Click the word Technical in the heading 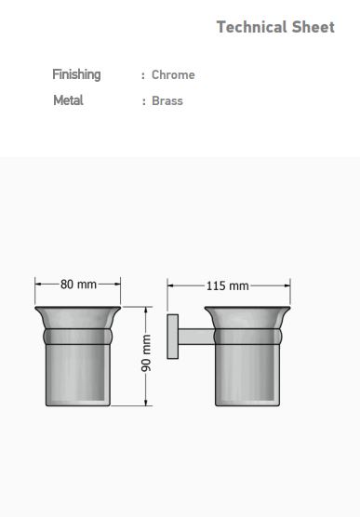[x=251, y=27]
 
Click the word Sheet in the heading [x=313, y=27]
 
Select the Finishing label [x=76, y=74]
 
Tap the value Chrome [x=173, y=74]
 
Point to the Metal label [x=68, y=100]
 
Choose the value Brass [x=167, y=100]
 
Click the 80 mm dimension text [x=78, y=284]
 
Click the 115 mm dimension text [x=228, y=285]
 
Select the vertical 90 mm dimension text [x=146, y=353]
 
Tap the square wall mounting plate [x=173, y=337]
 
